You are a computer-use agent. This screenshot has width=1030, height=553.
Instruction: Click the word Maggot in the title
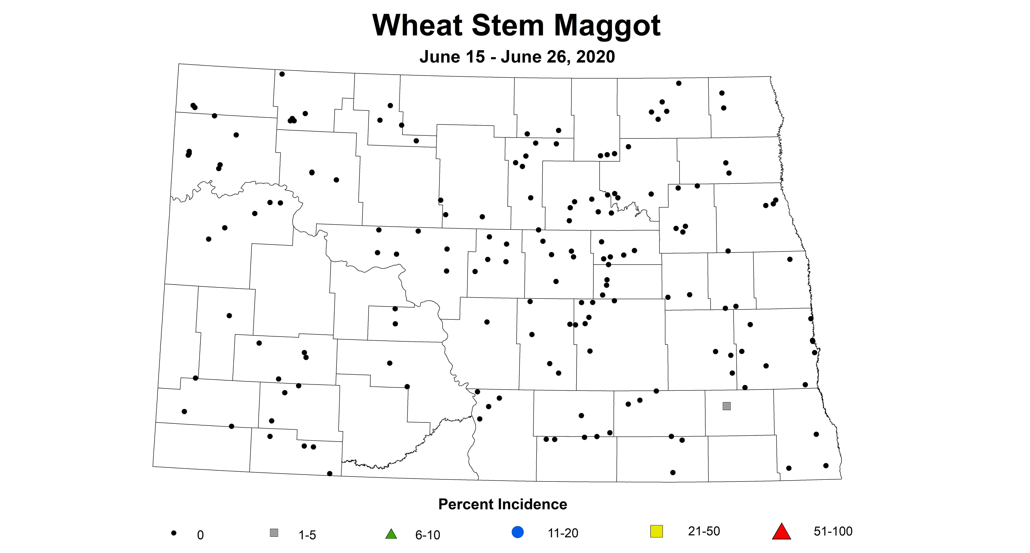(x=607, y=26)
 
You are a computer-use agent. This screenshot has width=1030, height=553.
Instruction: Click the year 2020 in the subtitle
(x=595, y=57)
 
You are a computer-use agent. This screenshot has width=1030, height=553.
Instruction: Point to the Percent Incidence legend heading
(x=503, y=504)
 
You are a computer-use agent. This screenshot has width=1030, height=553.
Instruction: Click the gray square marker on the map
(x=726, y=406)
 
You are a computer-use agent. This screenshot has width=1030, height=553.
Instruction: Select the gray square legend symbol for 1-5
(x=274, y=533)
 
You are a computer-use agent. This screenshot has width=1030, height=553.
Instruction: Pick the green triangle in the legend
(x=391, y=534)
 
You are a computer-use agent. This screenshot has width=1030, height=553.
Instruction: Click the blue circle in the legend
(x=517, y=532)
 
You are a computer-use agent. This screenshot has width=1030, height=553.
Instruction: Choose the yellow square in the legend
(x=657, y=531)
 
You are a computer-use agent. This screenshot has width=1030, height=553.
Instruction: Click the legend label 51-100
(x=833, y=531)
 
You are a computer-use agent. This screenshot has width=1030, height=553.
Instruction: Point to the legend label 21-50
(x=704, y=531)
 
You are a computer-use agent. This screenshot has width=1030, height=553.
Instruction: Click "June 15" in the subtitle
(x=452, y=57)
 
